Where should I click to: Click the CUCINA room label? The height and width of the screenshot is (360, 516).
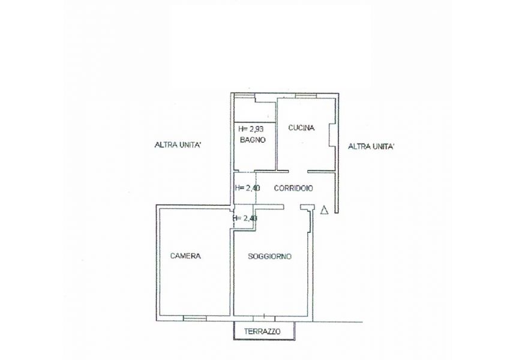click(x=301, y=128)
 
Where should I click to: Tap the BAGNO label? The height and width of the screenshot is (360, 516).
click(x=253, y=140)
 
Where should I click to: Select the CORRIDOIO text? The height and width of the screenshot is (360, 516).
click(x=293, y=188)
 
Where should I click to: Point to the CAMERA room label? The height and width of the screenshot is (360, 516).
click(x=185, y=256)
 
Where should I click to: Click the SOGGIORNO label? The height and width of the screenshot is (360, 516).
click(x=269, y=256)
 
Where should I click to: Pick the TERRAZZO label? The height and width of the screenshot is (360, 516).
click(x=262, y=331)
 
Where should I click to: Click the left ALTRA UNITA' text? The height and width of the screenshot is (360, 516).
click(x=178, y=145)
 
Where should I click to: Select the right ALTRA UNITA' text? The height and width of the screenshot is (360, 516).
click(x=371, y=146)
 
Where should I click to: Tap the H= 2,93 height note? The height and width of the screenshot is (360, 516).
click(x=251, y=128)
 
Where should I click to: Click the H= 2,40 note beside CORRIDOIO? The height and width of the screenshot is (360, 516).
click(x=248, y=188)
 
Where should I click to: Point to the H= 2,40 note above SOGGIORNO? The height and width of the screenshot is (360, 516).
click(x=245, y=218)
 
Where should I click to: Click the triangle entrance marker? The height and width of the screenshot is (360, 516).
click(x=325, y=209)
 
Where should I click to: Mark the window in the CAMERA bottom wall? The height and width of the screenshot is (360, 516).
click(x=195, y=318)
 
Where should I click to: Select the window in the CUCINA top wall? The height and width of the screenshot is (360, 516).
click(x=306, y=96)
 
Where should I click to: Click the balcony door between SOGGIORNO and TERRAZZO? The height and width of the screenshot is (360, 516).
click(x=264, y=318)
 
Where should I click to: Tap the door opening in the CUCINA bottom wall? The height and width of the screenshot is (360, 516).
click(x=298, y=171)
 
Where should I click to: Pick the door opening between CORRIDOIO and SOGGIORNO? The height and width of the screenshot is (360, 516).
click(x=292, y=206)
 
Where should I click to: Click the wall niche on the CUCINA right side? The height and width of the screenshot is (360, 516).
click(x=332, y=135)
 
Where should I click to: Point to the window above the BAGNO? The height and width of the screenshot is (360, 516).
click(x=245, y=96)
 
